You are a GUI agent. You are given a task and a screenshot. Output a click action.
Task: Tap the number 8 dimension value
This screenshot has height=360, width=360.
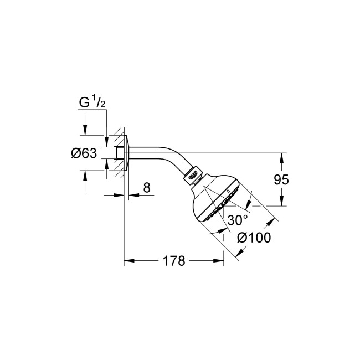146,187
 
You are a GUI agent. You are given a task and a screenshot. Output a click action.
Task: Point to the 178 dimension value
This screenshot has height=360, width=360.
174,260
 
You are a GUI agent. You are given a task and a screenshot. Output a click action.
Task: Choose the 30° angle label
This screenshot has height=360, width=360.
238,219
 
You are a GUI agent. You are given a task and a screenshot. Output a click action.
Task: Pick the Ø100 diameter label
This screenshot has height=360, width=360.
253,238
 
